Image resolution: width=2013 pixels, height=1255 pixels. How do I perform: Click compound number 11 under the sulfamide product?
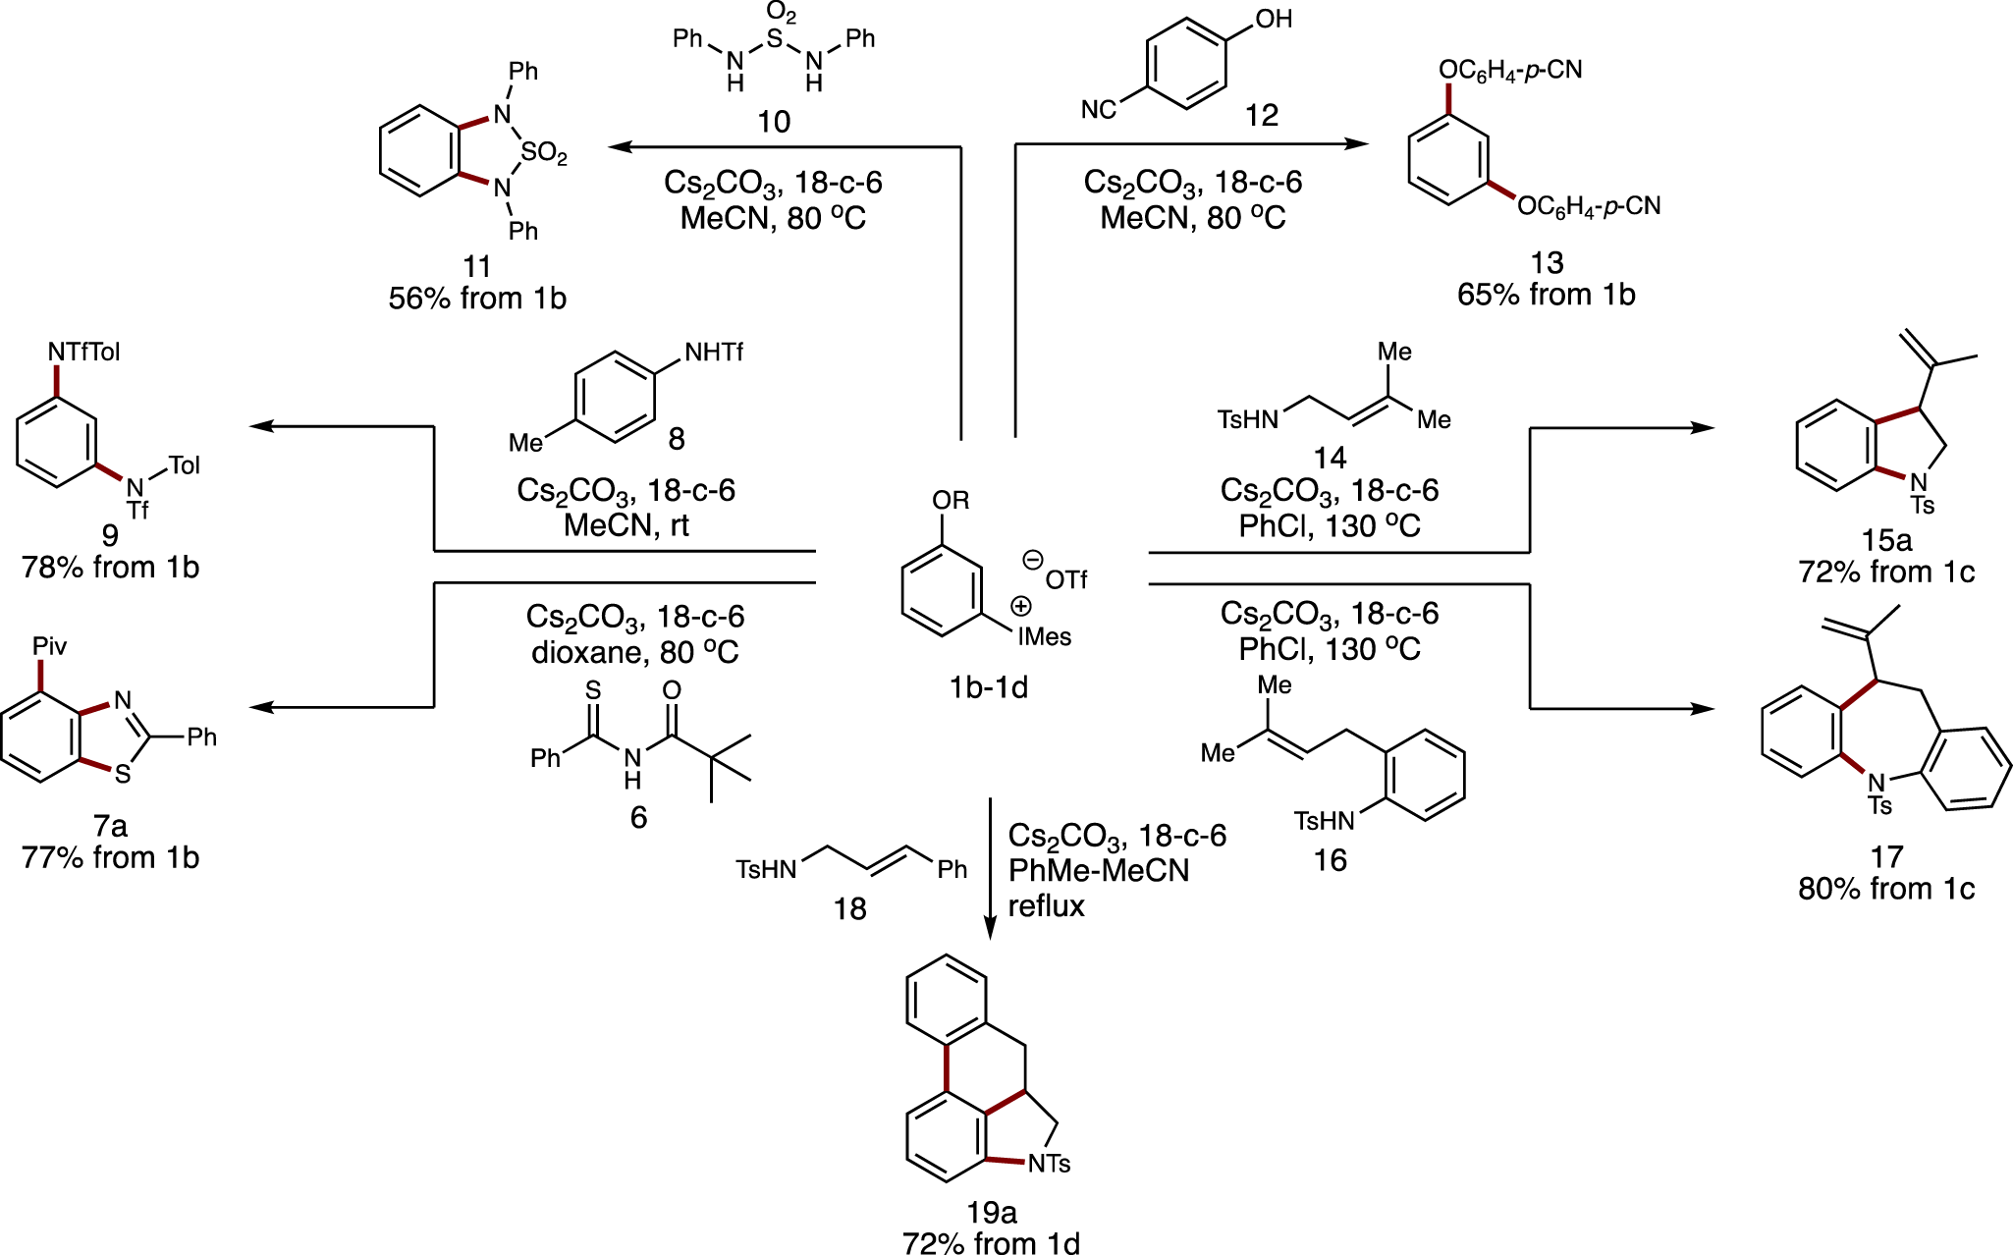click(476, 266)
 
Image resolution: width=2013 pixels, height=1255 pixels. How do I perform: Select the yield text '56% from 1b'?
click(477, 299)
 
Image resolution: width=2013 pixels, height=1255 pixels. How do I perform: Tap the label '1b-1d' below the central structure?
click(988, 687)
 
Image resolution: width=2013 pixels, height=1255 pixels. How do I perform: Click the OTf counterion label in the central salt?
click(1065, 579)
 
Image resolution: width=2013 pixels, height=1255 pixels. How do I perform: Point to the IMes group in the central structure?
click(1044, 636)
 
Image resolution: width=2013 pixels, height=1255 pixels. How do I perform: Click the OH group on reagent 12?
click(1274, 20)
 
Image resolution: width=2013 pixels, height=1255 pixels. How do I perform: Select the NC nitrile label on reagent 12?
click(1099, 109)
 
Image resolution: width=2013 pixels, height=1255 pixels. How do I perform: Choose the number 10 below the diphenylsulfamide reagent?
click(773, 122)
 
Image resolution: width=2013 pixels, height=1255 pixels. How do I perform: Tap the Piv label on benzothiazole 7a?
click(49, 646)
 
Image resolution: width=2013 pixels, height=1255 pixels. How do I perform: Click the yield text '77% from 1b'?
click(110, 857)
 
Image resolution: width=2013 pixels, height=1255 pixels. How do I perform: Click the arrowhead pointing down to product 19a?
click(990, 929)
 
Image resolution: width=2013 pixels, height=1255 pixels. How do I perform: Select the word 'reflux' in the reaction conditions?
click(1046, 905)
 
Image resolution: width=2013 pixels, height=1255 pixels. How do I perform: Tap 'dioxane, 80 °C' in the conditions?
click(634, 652)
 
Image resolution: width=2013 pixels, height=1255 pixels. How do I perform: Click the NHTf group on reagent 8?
click(713, 353)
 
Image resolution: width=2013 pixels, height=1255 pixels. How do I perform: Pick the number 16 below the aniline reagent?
click(1330, 860)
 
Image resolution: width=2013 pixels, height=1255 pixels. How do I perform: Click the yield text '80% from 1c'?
click(1885, 889)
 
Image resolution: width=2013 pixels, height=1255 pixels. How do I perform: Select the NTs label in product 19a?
click(1049, 1164)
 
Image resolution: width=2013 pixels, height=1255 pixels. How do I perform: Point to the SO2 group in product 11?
click(544, 153)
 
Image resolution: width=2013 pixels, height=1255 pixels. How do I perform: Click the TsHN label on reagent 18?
click(766, 869)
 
